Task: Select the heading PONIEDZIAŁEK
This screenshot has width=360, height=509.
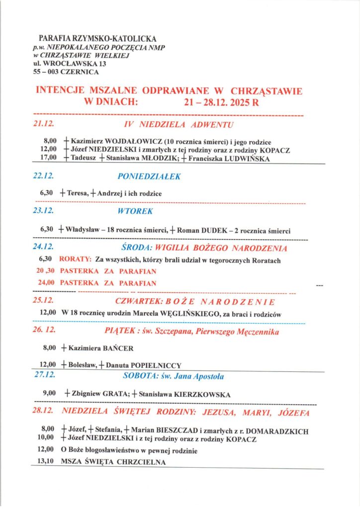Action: tap(149, 176)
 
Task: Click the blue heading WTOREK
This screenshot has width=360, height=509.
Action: tap(136, 211)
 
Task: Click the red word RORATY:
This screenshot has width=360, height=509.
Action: tap(75, 260)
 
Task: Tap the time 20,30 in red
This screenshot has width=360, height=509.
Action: tap(46, 271)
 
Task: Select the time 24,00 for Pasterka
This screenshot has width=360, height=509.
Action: tap(46, 283)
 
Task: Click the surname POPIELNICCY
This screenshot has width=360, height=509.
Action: tap(155, 365)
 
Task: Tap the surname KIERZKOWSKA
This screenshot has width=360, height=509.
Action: tap(201, 394)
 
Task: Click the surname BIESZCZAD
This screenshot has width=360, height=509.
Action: tap(176, 431)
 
